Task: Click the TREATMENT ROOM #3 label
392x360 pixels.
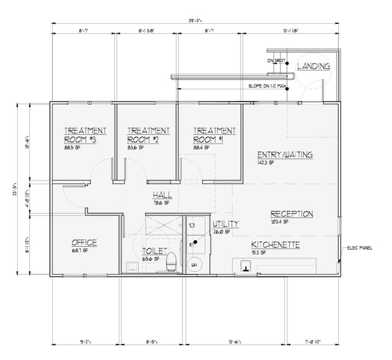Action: [x=86, y=135]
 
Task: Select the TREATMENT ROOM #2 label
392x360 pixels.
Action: [x=148, y=135]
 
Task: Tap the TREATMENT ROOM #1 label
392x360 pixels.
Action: [x=214, y=135]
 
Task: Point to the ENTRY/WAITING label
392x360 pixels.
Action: [x=285, y=155]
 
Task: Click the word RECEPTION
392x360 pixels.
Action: [x=292, y=214]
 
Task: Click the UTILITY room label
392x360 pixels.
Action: [x=225, y=223]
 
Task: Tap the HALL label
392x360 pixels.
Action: [x=162, y=195]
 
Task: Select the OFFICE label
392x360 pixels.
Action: [x=84, y=242]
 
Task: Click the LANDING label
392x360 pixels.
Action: [x=314, y=66]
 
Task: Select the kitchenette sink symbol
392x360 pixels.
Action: [x=246, y=265]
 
